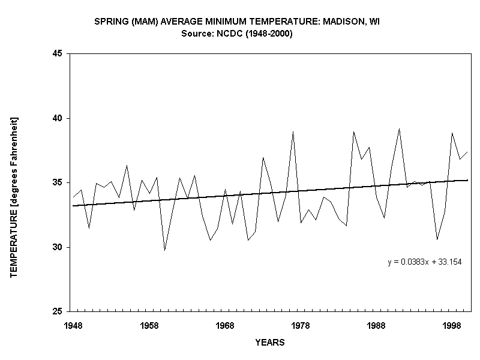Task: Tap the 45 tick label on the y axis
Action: point(59,54)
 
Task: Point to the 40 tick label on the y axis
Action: point(59,118)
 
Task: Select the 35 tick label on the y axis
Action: point(59,183)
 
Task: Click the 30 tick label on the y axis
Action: point(59,247)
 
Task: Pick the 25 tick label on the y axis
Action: point(59,312)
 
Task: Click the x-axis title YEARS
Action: point(269,343)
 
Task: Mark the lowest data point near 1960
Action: point(164,250)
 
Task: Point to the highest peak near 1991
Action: point(399,128)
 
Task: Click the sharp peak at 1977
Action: point(293,131)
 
